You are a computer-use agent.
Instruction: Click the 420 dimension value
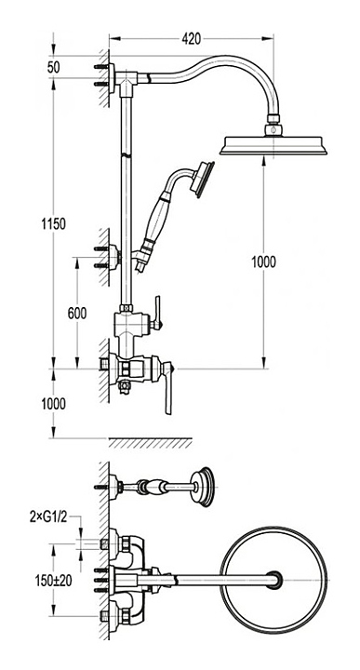coord(191,39)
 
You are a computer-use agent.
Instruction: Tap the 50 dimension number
coord(54,68)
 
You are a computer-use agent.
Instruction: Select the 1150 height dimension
coord(54,223)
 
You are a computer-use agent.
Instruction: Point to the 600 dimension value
coord(77,314)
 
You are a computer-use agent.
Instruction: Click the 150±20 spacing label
coord(53,581)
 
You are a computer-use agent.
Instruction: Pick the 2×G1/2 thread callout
coord(48,516)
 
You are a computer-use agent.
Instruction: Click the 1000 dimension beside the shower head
coord(263,261)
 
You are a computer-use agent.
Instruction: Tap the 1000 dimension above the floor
coord(54,404)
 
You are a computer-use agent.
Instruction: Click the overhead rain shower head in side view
coord(273,145)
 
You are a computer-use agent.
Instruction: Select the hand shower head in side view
coord(203,180)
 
